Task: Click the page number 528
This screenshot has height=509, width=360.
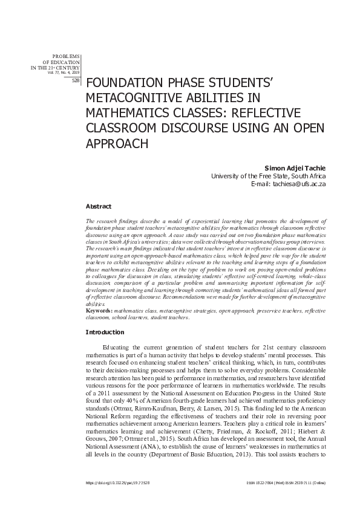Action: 75,80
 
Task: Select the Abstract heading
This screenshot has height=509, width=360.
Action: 98,206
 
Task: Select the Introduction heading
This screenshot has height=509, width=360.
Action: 105,332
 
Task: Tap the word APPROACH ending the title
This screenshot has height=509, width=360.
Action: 119,144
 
